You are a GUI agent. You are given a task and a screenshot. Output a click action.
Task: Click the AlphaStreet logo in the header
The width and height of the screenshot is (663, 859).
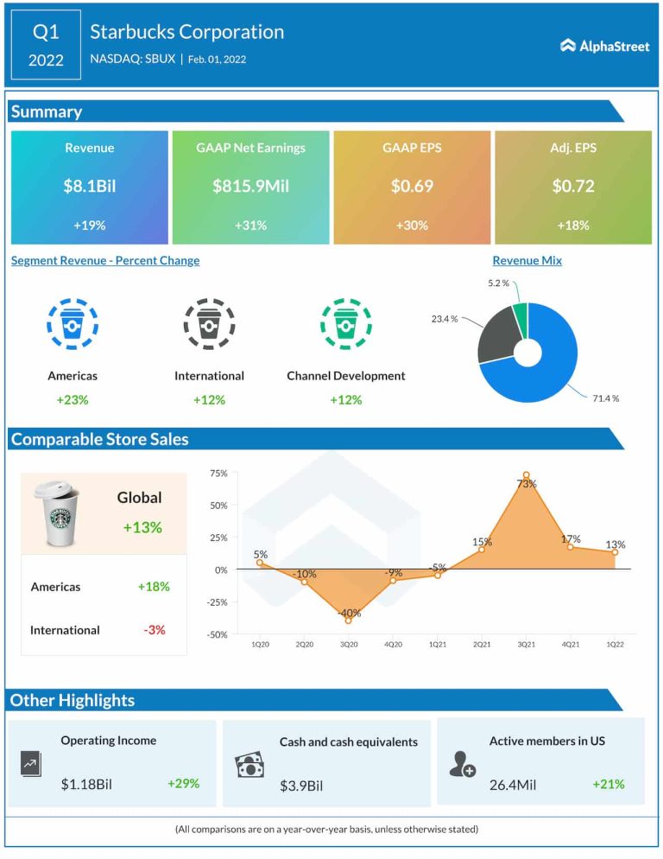605,46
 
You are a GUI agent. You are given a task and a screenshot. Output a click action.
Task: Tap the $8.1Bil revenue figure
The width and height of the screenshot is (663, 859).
89,186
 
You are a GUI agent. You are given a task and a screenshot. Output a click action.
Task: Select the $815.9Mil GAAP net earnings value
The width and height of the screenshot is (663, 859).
250,186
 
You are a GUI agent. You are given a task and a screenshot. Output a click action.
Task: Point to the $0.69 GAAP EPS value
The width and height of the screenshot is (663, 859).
412,186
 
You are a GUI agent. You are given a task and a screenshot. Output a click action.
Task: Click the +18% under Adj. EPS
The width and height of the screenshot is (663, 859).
572,226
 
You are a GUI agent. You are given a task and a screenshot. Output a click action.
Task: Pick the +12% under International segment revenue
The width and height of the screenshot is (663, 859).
209,400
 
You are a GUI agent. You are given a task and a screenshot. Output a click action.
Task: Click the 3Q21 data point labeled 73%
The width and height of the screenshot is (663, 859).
526,474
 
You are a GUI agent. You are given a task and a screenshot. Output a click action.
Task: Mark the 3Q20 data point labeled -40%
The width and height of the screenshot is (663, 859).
348,620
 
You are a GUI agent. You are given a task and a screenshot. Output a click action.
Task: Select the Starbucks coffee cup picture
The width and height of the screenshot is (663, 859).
56,513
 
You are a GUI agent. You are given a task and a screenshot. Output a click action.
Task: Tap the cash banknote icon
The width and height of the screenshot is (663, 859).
249,765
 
